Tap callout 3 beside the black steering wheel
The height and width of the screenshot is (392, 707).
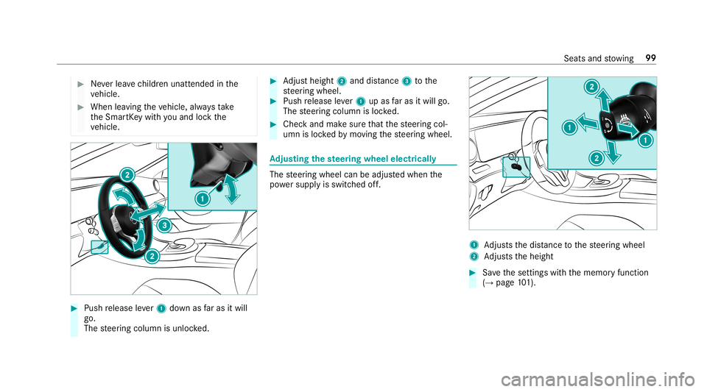(164, 224)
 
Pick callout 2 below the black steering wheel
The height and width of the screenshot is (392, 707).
(150, 256)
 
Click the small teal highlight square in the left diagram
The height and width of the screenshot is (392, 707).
(99, 248)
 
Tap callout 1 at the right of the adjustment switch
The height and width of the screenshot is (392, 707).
(645, 140)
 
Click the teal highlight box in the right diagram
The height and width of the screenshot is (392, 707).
(516, 166)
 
